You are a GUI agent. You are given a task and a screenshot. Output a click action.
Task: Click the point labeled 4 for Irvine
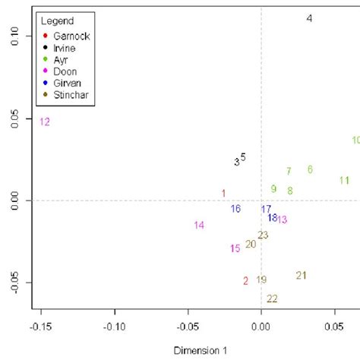309,18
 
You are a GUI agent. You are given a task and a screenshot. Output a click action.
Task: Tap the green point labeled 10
355,141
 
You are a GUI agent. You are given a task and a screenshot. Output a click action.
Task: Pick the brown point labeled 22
272,298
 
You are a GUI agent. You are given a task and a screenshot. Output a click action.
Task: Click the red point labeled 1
223,194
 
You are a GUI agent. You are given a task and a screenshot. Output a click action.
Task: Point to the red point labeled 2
245,280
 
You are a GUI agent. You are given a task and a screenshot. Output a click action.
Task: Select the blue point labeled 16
236,209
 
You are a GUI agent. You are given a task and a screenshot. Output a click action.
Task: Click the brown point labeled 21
301,275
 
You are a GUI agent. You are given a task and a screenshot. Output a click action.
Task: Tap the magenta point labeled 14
199,225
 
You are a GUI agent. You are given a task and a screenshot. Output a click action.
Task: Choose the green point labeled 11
344,180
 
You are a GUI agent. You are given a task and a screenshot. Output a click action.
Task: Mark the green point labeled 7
289,171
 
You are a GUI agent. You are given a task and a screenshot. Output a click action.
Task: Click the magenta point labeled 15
235,248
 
